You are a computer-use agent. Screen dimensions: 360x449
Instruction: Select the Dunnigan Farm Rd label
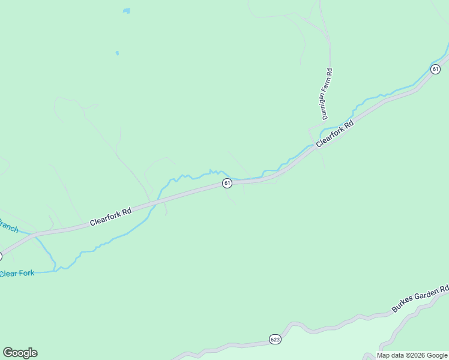[327, 94]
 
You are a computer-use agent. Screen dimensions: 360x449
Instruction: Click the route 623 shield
[274, 338]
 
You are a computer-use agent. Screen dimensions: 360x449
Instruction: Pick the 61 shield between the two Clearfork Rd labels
[227, 183]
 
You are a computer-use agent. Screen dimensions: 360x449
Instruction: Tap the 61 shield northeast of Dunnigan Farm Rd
[435, 68]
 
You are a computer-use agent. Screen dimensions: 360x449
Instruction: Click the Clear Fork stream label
[17, 274]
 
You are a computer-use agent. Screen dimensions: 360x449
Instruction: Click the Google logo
[20, 353]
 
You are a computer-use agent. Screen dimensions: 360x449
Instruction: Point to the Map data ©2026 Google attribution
[412, 355]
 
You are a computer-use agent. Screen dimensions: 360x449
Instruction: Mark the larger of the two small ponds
[126, 10]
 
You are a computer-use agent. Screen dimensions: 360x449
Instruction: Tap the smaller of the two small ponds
[117, 53]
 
